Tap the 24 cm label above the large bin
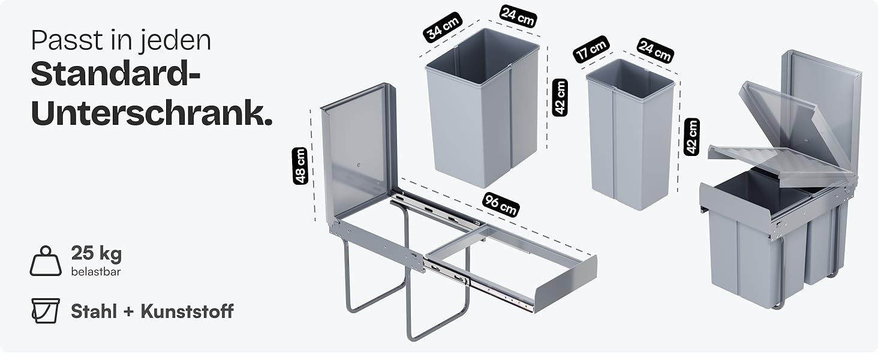click(x=518, y=16)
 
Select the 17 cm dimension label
click(x=591, y=49)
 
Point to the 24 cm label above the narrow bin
click(x=656, y=50)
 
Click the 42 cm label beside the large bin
click(x=560, y=97)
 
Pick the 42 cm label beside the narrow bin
click(x=692, y=137)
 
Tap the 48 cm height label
click(x=300, y=166)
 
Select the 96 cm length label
click(x=501, y=205)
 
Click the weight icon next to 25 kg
click(x=46, y=261)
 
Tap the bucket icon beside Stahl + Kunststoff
click(x=46, y=311)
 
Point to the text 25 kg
click(x=97, y=253)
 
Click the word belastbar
click(x=96, y=271)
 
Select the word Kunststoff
click(x=187, y=311)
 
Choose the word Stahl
click(x=94, y=311)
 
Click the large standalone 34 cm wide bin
click(x=483, y=108)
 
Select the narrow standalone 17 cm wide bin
click(x=630, y=135)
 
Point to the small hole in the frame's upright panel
click(x=358, y=165)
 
